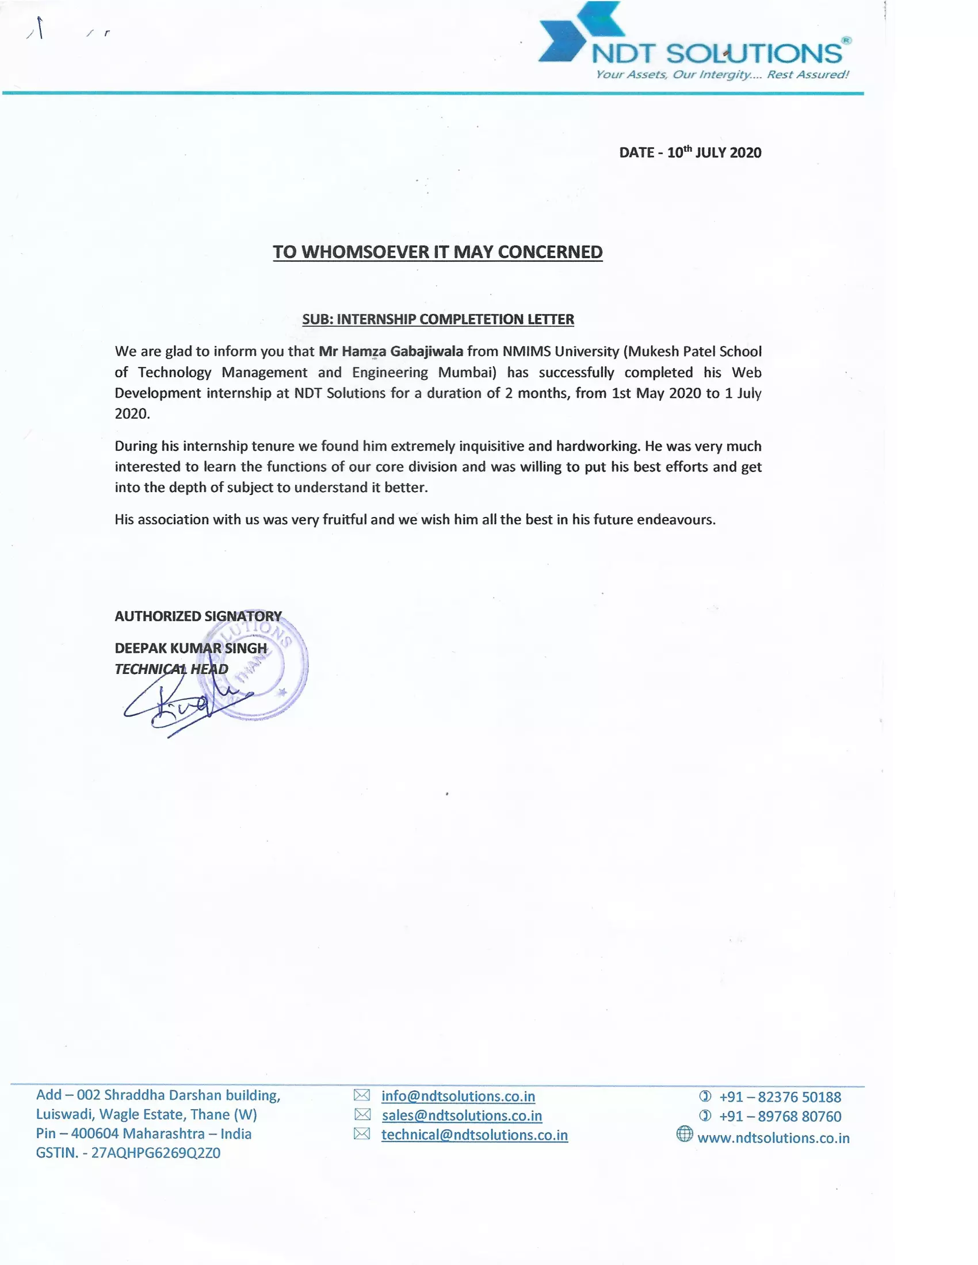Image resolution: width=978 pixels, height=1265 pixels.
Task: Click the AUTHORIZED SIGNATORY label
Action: click(198, 616)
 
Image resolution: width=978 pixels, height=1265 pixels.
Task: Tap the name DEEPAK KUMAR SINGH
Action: click(190, 648)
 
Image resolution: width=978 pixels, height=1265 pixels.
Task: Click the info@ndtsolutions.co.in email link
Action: click(458, 1097)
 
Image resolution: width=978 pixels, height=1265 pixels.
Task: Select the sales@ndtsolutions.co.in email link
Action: click(462, 1115)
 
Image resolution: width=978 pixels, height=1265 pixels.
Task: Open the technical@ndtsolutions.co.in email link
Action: click(475, 1134)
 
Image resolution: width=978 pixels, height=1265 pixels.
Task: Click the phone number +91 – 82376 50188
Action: click(780, 1097)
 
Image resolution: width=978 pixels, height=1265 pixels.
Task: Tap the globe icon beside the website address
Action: click(684, 1134)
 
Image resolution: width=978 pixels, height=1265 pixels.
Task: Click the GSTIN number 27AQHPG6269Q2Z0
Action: click(156, 1153)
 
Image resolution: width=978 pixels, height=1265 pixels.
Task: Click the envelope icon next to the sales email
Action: click(362, 1114)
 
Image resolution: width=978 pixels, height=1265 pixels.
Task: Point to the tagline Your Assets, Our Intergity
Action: click(722, 75)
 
